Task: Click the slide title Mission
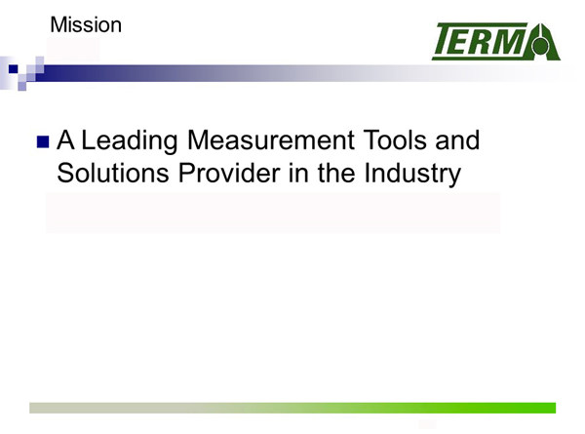[86, 25]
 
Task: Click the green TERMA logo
[496, 41]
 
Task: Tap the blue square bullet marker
[43, 142]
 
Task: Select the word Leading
[130, 141]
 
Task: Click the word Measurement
[271, 140]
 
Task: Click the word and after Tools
[457, 140]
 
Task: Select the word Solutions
[113, 173]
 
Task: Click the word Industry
[412, 174]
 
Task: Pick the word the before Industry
[336, 173]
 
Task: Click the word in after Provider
[298, 173]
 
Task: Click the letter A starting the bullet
[65, 140]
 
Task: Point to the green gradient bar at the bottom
[292, 408]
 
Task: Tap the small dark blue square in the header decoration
[13, 69]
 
